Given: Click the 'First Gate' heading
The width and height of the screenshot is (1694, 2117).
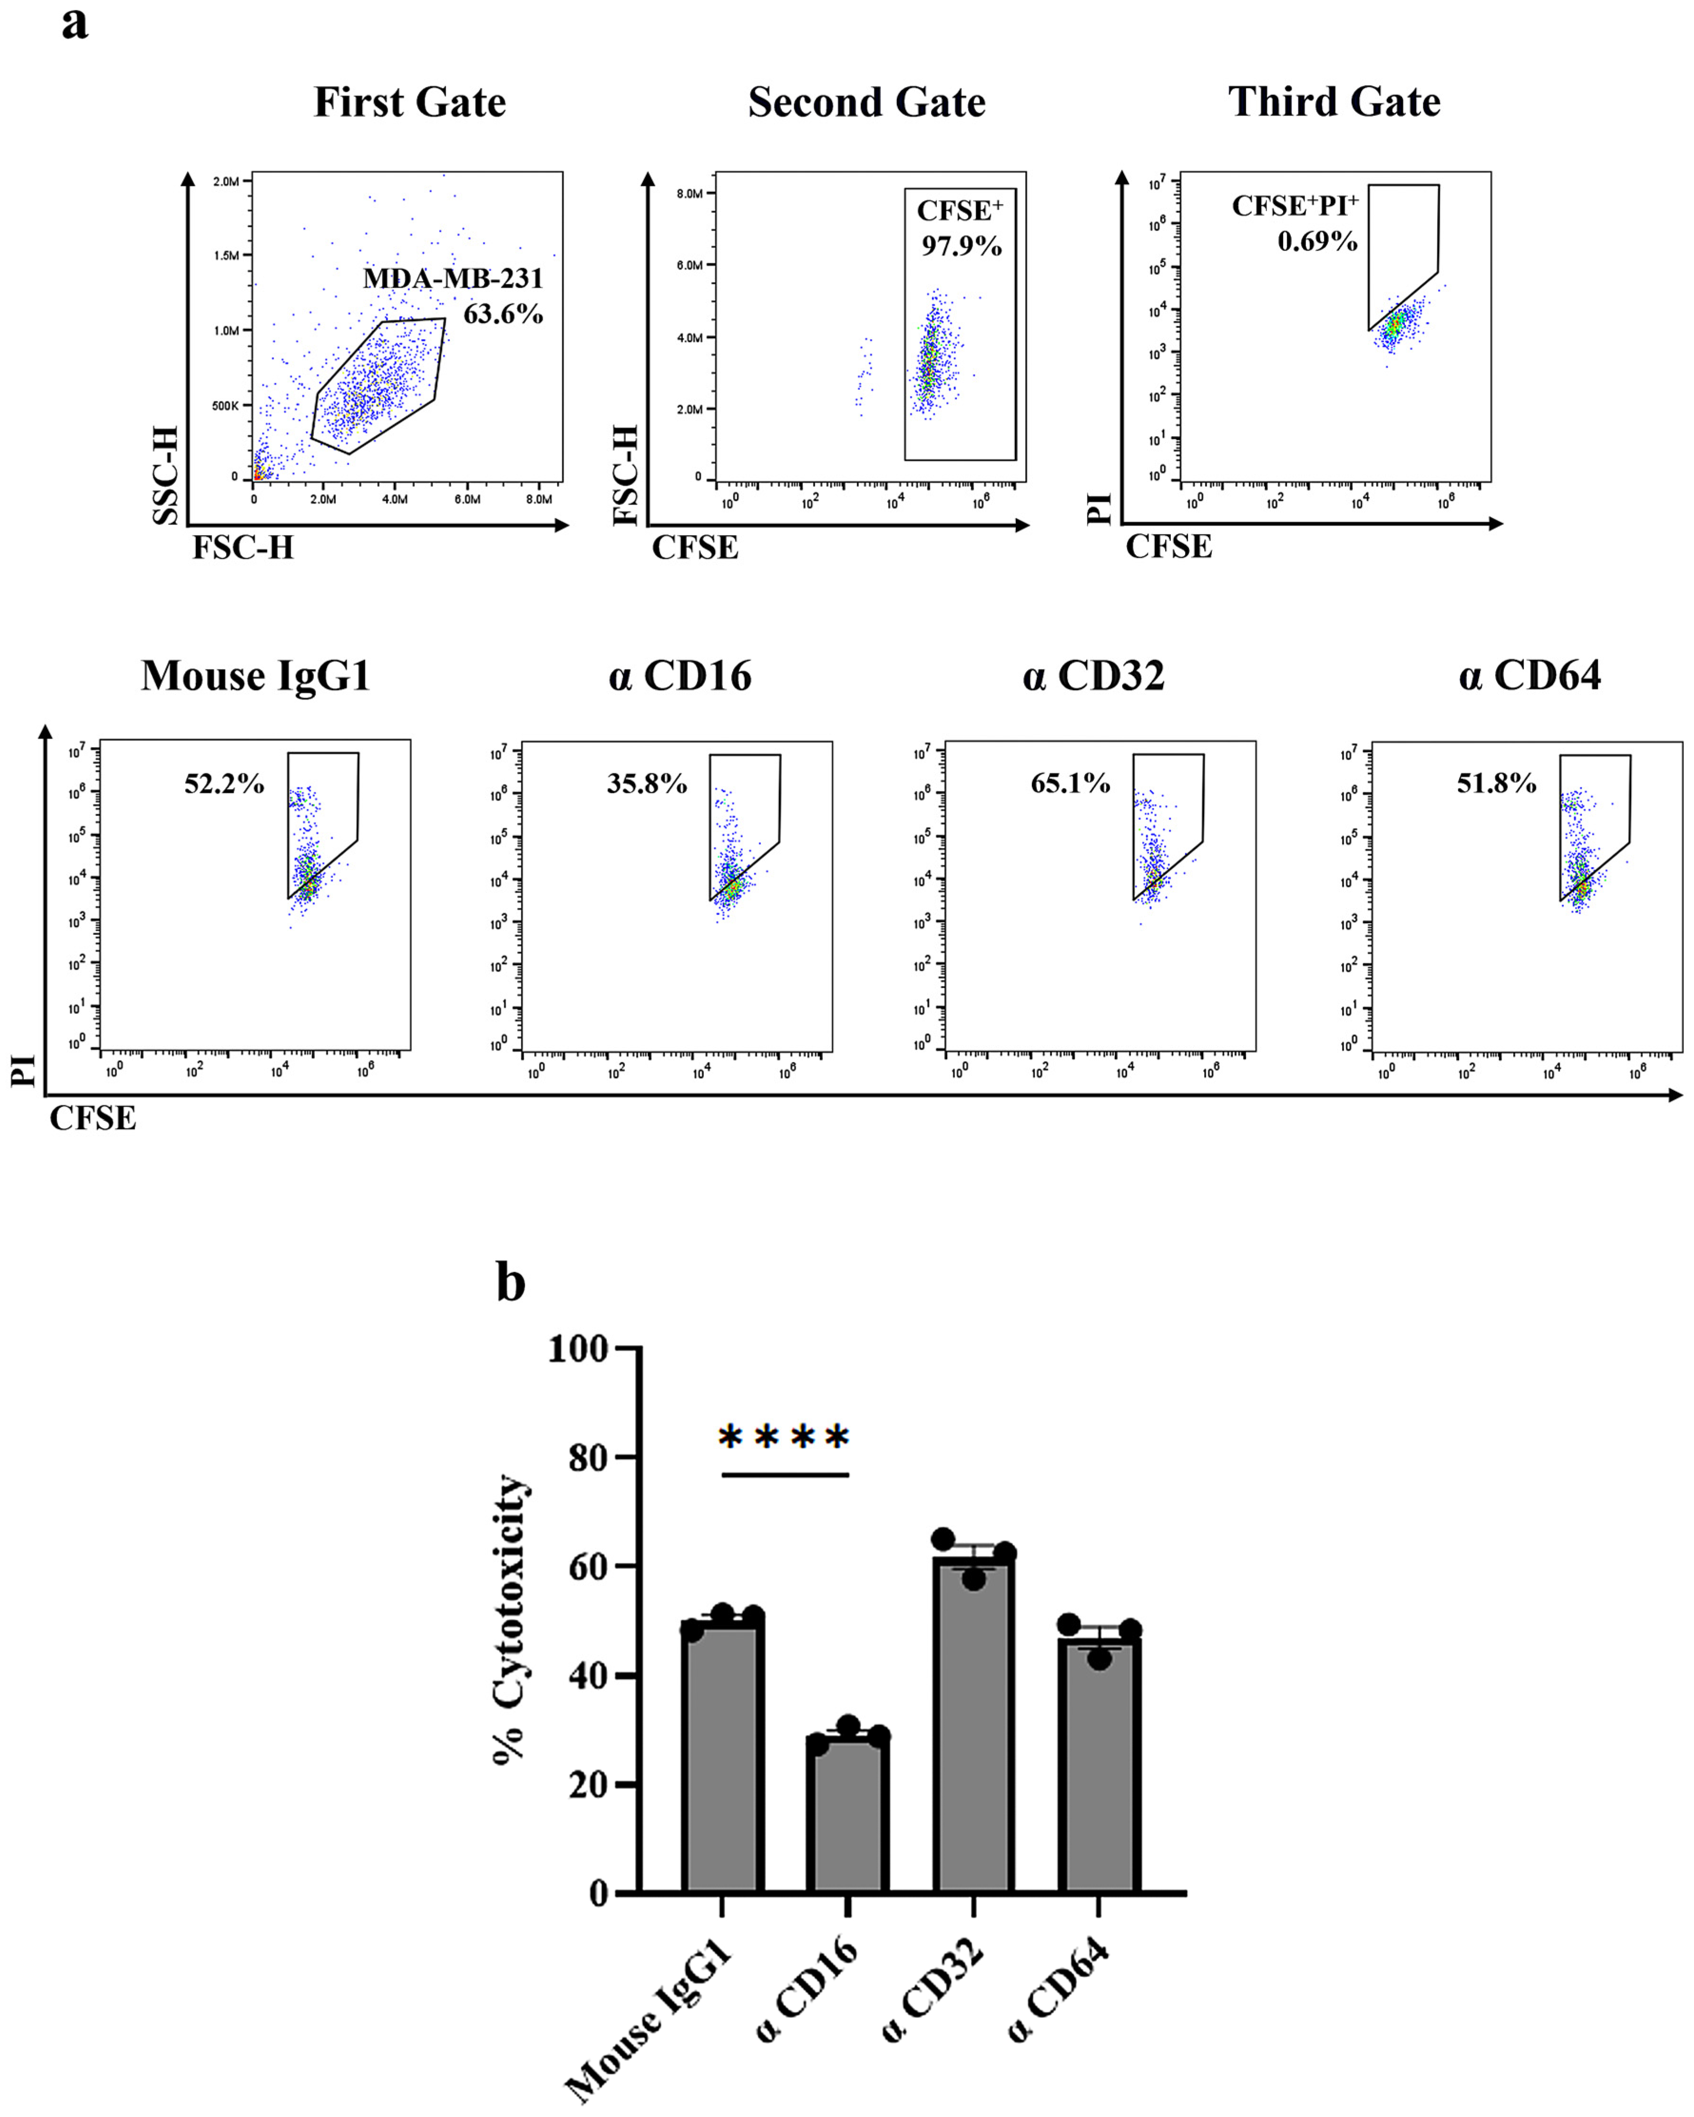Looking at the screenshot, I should [x=409, y=102].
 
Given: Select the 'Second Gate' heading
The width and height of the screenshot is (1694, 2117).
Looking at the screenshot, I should [x=866, y=102].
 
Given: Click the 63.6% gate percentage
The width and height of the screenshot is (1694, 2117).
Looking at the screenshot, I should [x=503, y=314].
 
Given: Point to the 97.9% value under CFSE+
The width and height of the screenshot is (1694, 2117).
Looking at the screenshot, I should [x=960, y=245].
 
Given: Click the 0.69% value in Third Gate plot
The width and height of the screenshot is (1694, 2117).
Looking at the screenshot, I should [x=1317, y=242].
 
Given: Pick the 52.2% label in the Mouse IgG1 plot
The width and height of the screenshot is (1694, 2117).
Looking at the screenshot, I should [x=224, y=783].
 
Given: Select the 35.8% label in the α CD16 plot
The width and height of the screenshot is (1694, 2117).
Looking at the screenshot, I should [x=646, y=783].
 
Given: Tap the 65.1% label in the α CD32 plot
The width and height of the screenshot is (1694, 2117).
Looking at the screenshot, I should [x=1070, y=783].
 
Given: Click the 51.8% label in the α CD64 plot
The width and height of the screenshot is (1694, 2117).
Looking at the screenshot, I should [x=1496, y=783].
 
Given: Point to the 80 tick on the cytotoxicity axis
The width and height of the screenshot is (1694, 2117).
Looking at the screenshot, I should [x=589, y=1458].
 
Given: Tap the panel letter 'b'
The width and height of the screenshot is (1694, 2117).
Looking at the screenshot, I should [x=511, y=1283].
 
